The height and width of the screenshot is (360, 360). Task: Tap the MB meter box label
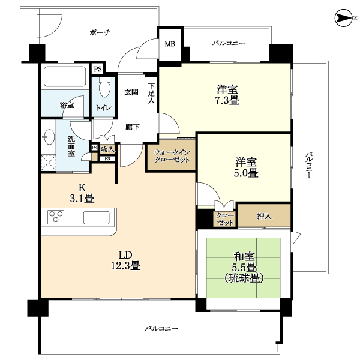point(170,44)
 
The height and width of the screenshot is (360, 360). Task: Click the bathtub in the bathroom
point(65,76)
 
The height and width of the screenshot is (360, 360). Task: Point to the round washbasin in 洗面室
point(49,137)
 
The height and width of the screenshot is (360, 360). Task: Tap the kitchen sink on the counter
point(97,217)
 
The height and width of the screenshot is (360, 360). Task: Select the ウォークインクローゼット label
point(172,156)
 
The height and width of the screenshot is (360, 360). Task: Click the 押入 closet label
point(264,216)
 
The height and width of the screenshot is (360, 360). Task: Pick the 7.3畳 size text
point(227,101)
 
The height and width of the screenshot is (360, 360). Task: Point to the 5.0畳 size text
point(246,173)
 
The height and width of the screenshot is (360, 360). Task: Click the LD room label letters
point(125,255)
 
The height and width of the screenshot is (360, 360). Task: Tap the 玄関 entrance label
point(131,92)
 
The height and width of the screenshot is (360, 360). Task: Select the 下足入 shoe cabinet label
point(151,93)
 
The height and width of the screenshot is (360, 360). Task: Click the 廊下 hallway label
point(132,127)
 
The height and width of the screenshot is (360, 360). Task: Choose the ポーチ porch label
point(100,32)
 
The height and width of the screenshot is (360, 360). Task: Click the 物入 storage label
point(107,149)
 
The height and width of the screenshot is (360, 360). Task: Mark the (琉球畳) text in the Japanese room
point(244,278)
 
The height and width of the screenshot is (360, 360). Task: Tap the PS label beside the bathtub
point(98,69)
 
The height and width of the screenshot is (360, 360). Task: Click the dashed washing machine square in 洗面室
point(49,163)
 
